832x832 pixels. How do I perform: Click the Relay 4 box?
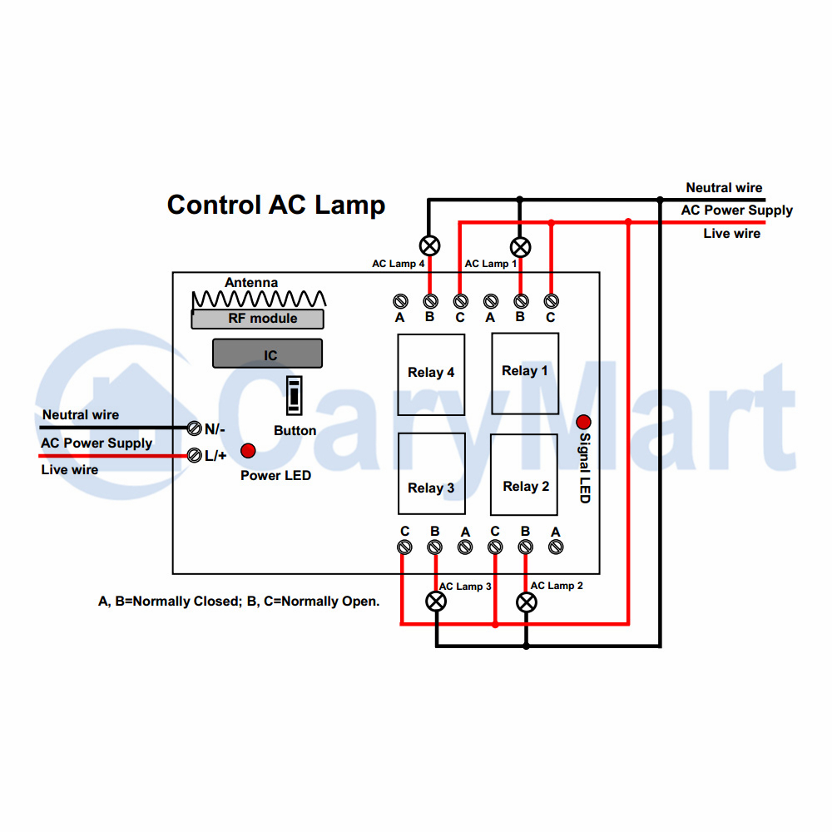pyautogui.click(x=431, y=374)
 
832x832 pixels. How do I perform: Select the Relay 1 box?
pyautogui.click(x=525, y=374)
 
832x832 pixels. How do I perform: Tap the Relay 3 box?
pyautogui.click(x=431, y=474)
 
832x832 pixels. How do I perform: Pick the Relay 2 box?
pyautogui.click(x=524, y=474)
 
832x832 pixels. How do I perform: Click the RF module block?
pyautogui.click(x=257, y=319)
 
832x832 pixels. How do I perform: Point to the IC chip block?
pyautogui.click(x=267, y=354)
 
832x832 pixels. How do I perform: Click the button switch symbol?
pyautogui.click(x=294, y=395)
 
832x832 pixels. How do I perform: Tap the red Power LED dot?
pyautogui.click(x=248, y=450)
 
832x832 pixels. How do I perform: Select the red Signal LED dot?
pyautogui.click(x=584, y=422)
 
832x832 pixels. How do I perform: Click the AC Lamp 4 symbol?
pyautogui.click(x=430, y=245)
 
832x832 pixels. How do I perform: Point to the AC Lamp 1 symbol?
pyautogui.click(x=521, y=247)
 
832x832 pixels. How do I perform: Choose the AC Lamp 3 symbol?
pyautogui.click(x=436, y=602)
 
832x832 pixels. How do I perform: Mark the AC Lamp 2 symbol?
pyautogui.click(x=527, y=602)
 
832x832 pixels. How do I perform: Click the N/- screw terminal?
pyautogui.click(x=194, y=428)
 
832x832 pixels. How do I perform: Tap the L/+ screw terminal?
pyautogui.click(x=195, y=455)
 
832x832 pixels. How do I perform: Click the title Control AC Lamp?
pyautogui.click(x=276, y=205)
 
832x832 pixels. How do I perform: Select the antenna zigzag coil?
pyautogui.click(x=259, y=299)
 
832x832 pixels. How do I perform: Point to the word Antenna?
pyautogui.click(x=251, y=282)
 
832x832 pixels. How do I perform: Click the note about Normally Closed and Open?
pyautogui.click(x=239, y=602)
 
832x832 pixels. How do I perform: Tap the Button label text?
pyautogui.click(x=295, y=430)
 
